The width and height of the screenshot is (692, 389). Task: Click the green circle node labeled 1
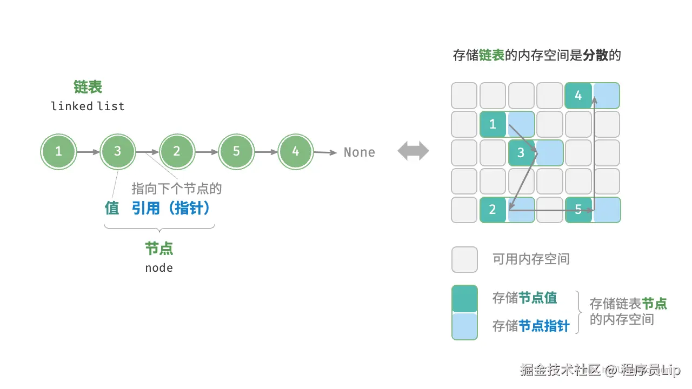(x=58, y=152)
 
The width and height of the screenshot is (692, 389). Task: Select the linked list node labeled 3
(x=117, y=152)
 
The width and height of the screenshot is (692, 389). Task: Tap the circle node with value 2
(x=177, y=152)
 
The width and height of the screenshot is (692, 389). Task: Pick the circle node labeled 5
(x=236, y=152)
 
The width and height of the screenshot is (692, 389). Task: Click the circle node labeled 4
(x=295, y=152)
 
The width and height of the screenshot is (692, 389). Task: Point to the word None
(x=360, y=152)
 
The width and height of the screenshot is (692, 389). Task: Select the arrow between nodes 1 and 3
(x=88, y=152)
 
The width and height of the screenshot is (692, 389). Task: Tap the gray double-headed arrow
(x=414, y=152)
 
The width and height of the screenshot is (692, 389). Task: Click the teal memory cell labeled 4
(x=578, y=96)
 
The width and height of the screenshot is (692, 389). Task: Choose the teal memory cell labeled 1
(x=493, y=124)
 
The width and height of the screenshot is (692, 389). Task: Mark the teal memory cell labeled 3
(x=521, y=152)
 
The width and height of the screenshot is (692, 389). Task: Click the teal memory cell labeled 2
(x=493, y=210)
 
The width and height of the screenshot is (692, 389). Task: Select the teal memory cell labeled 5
(x=578, y=210)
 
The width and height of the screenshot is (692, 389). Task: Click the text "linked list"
(x=88, y=106)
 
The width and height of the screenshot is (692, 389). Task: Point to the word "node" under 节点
(x=159, y=267)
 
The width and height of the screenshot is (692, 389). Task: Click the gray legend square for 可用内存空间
(x=464, y=259)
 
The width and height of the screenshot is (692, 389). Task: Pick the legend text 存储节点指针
(x=531, y=326)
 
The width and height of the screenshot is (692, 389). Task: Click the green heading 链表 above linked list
(x=88, y=87)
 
